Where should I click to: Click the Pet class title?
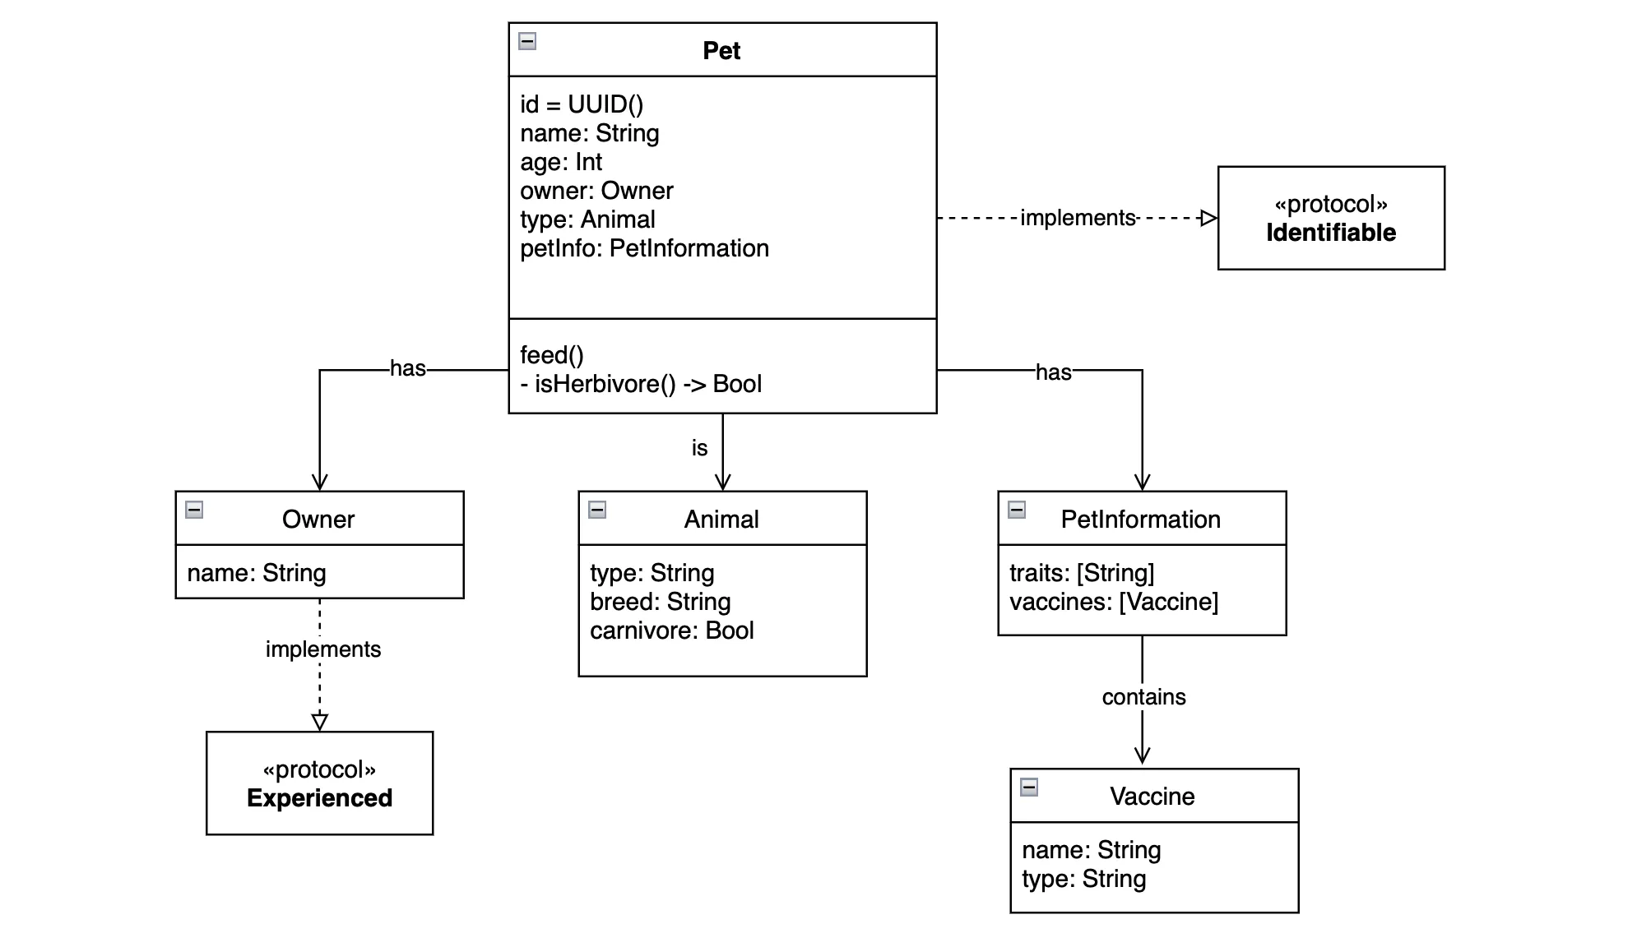point(721,51)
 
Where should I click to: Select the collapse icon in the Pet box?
point(528,40)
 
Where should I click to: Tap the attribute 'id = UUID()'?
point(582,104)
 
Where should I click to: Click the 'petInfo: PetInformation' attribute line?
point(644,248)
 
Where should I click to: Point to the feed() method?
point(551,355)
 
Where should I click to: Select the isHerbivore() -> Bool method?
point(641,384)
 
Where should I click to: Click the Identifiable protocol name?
point(1330,233)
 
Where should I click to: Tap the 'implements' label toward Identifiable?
point(1078,218)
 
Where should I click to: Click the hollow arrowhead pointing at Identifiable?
point(1208,218)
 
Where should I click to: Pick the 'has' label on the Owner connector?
point(408,368)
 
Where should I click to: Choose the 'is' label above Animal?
point(699,448)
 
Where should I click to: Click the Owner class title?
point(318,520)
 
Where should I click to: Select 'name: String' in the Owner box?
point(257,573)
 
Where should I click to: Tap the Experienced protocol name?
point(319,798)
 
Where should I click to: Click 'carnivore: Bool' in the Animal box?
point(671,631)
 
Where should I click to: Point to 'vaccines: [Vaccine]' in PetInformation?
point(1114,602)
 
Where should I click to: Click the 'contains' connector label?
point(1143,697)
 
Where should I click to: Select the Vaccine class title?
point(1152,797)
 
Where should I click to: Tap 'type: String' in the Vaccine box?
point(1083,879)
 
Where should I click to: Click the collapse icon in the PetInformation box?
point(1017,510)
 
